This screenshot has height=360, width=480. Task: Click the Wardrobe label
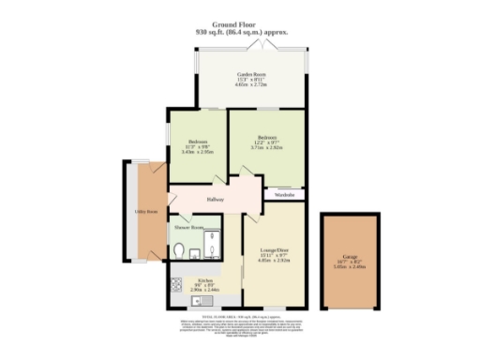coord(285,195)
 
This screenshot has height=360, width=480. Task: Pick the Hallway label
coord(204,199)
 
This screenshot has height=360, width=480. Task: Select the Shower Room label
coord(187,227)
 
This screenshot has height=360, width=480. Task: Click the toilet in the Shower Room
coord(179,249)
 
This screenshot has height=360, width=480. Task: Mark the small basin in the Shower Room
coord(193,251)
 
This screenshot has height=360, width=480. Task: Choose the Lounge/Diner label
coord(273,249)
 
